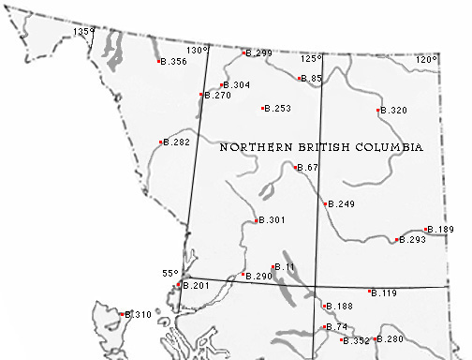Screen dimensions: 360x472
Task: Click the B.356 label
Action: pos(174,62)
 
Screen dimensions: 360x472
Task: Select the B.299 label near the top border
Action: pos(259,53)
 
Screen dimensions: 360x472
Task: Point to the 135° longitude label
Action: pos(85,31)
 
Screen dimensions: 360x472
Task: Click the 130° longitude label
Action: pos(197,51)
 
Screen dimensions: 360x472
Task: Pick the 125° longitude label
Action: pos(311,58)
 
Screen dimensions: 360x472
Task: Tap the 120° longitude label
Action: pos(427,59)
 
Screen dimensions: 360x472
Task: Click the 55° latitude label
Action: pos(170,273)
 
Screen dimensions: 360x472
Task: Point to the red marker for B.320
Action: pos(378,111)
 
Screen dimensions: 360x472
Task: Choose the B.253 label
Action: pos(278,109)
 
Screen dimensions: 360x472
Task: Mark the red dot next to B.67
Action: pos(297,168)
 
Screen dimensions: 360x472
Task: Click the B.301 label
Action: pos(272,220)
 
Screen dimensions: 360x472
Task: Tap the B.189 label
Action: pos(441,230)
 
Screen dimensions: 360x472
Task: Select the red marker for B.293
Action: pos(397,240)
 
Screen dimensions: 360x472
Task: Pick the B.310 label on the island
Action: pos(139,315)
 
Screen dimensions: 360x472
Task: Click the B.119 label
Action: pos(385,293)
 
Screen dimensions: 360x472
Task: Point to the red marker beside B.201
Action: pos(179,285)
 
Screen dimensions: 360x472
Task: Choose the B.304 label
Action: pos(237,85)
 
